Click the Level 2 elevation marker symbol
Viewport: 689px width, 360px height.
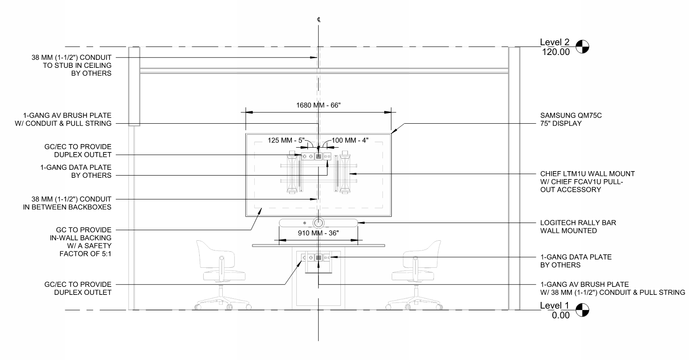tap(582, 47)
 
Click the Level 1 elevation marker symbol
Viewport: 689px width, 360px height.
tap(582, 310)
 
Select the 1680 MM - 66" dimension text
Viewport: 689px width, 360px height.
tap(319, 106)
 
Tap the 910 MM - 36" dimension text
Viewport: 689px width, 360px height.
tap(319, 233)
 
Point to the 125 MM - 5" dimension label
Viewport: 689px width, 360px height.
tap(286, 141)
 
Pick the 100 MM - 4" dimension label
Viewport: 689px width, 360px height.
tap(350, 141)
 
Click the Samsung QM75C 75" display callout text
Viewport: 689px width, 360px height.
tap(571, 120)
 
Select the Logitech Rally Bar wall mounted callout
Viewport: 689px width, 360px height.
tap(578, 227)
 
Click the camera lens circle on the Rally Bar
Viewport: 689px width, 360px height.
tap(319, 223)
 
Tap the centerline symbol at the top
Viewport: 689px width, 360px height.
tap(319, 20)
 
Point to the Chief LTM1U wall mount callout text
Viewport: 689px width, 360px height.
tap(587, 182)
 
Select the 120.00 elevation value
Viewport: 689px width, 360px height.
tap(556, 52)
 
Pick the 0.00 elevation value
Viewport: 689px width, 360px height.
tap(561, 315)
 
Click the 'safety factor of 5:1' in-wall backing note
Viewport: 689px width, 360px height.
tap(81, 242)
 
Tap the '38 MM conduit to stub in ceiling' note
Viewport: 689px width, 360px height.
tap(71, 66)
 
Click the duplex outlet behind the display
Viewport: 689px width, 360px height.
tap(307, 157)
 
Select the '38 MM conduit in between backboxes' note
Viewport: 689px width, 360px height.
tap(67, 203)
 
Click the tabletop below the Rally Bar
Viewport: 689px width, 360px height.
tap(319, 245)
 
